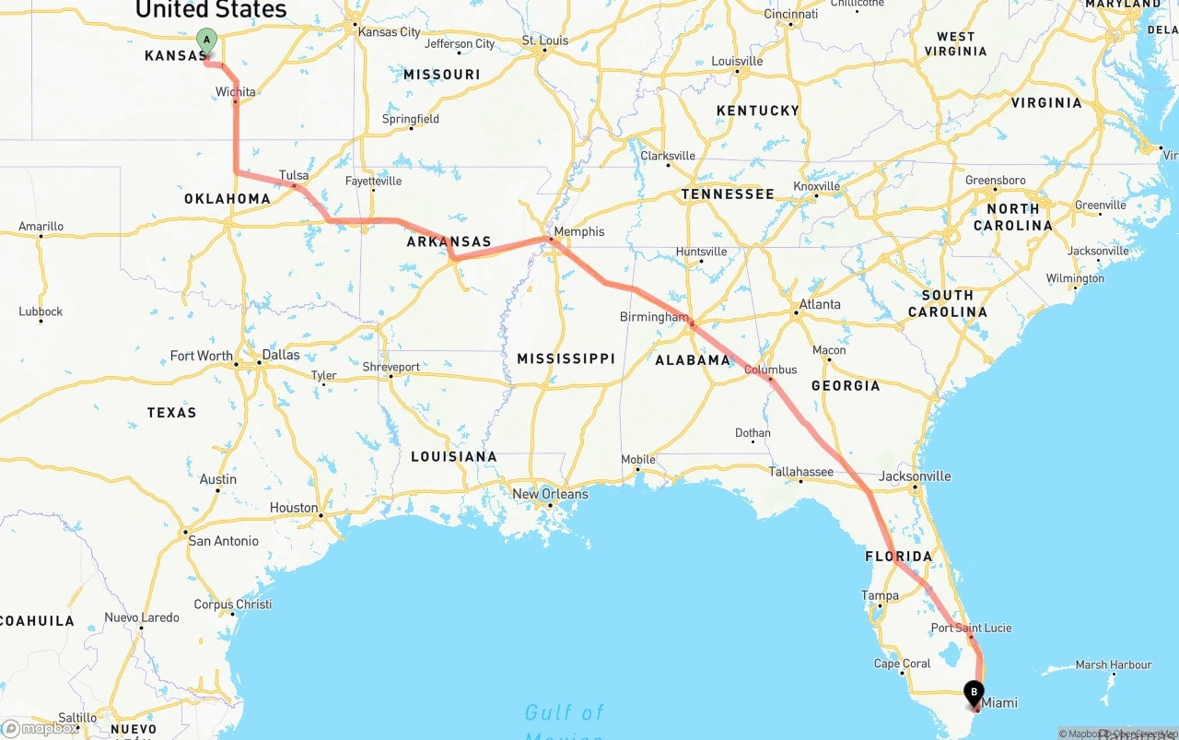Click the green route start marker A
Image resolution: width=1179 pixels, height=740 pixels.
(207, 40)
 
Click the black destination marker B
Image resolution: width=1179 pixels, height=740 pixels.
(974, 691)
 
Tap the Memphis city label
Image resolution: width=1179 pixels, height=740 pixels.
(579, 231)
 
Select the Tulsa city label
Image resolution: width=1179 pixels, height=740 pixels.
(294, 175)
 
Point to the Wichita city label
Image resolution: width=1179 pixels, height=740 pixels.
(236, 91)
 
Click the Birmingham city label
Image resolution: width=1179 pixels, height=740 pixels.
(654, 316)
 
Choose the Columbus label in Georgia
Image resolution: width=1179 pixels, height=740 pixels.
(771, 370)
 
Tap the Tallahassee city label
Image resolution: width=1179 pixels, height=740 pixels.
(801, 472)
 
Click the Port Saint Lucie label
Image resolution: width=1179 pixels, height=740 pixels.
(971, 628)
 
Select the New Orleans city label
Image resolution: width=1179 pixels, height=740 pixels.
(550, 494)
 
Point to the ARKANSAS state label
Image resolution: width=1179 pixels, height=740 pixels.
(449, 242)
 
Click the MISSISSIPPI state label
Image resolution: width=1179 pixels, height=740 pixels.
(566, 358)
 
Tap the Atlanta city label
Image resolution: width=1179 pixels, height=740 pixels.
(819, 304)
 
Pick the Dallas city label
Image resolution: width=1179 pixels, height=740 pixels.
(281, 355)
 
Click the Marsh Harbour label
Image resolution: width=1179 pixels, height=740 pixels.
(1113, 664)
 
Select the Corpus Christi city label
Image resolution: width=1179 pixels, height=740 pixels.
(233, 605)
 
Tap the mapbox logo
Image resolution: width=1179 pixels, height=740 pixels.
(41, 728)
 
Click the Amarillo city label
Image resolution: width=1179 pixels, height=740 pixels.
(41, 226)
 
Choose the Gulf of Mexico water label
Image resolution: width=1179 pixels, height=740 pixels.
(565, 713)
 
